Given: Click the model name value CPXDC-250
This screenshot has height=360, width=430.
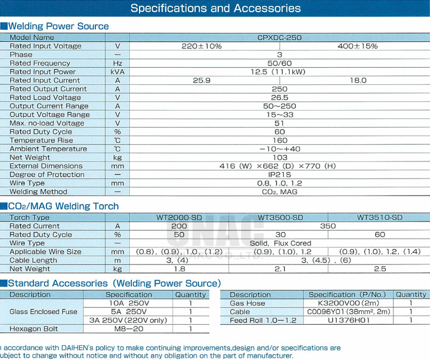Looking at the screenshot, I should (x=279, y=37).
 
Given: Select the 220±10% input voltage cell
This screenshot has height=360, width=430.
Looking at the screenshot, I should (x=201, y=46).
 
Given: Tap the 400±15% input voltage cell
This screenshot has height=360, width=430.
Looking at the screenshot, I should (x=358, y=46).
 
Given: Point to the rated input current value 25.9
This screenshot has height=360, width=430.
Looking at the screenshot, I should (x=201, y=80).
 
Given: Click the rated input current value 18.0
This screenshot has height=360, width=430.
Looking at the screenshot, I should (x=358, y=80).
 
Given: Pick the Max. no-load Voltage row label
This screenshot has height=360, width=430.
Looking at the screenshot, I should (x=47, y=123).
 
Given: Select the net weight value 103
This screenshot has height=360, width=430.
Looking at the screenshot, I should (x=280, y=157).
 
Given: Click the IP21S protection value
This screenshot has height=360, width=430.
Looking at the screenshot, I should (x=280, y=174).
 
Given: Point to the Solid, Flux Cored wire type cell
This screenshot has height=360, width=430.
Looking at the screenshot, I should (x=280, y=243).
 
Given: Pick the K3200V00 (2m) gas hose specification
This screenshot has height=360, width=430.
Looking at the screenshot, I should (x=348, y=303).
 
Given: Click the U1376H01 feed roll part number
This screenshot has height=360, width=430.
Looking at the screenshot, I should (x=348, y=320).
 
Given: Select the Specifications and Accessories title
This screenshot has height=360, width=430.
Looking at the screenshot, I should (x=215, y=8).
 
